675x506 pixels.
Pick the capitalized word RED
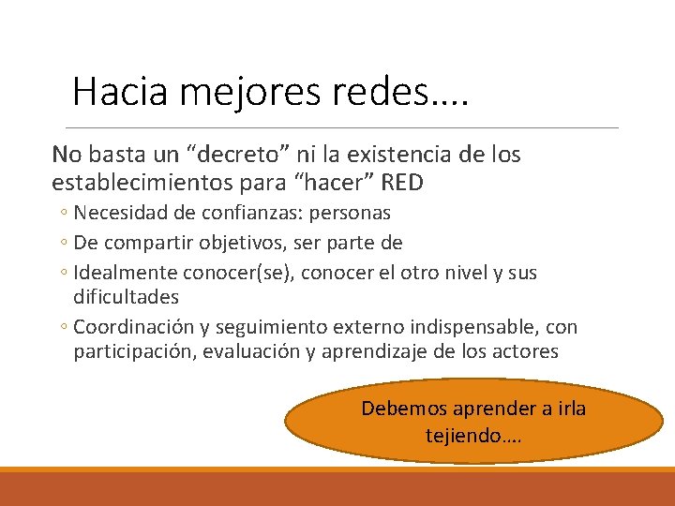[x=403, y=182]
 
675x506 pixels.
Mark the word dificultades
[x=126, y=296]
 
